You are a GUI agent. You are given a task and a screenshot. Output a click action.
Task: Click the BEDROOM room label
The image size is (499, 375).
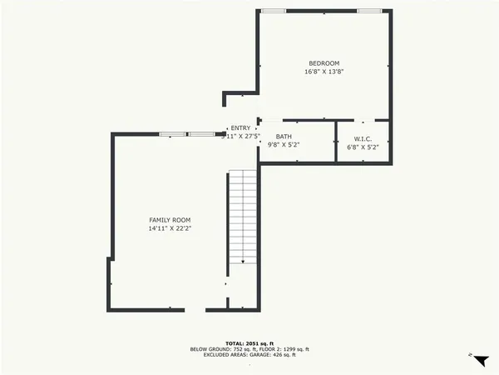(x=324, y=63)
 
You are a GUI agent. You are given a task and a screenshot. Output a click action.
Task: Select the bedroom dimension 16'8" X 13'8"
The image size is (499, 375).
(x=324, y=72)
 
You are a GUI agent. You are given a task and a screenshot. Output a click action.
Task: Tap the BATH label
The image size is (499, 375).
(x=284, y=138)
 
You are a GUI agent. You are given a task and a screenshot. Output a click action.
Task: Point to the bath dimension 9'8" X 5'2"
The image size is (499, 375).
(x=284, y=146)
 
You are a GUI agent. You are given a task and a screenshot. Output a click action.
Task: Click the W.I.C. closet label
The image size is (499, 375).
(x=363, y=138)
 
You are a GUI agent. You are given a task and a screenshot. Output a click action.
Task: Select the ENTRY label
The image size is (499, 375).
(x=240, y=127)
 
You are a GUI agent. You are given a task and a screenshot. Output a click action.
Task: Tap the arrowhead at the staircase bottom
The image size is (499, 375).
(x=243, y=262)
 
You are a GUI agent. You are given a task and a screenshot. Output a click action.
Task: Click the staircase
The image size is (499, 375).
(x=243, y=217)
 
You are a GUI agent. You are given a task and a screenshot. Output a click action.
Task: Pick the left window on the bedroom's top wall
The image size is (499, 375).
(x=273, y=10)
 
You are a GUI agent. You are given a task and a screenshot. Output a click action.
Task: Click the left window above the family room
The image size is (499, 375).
(x=172, y=134)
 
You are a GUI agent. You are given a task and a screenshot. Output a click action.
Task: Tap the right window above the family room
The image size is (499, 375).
(x=200, y=134)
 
